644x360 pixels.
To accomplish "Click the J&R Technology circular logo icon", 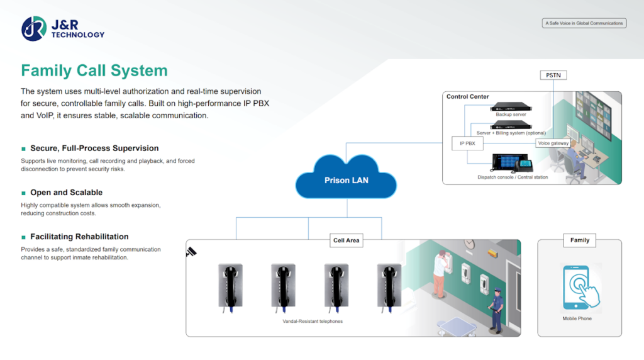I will (x=34, y=29).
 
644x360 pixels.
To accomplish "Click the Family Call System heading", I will (x=94, y=70).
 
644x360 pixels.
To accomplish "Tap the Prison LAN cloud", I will (x=346, y=180).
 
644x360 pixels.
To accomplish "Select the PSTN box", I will (x=553, y=76).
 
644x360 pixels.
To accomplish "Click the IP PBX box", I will (x=467, y=143).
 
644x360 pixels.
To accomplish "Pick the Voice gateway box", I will (x=553, y=143).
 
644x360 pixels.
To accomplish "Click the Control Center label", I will (x=467, y=97).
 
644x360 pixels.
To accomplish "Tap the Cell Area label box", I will (x=347, y=240).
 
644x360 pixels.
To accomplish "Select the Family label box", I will (x=579, y=240).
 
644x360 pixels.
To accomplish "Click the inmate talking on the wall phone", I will (x=440, y=274).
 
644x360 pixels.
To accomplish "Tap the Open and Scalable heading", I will (x=66, y=193).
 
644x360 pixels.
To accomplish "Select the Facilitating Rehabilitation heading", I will (x=79, y=237).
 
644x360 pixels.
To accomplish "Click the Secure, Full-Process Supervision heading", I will (x=94, y=149).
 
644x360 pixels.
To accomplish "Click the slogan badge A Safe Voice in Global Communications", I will (x=584, y=23).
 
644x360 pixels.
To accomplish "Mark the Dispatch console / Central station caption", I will (x=513, y=177).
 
